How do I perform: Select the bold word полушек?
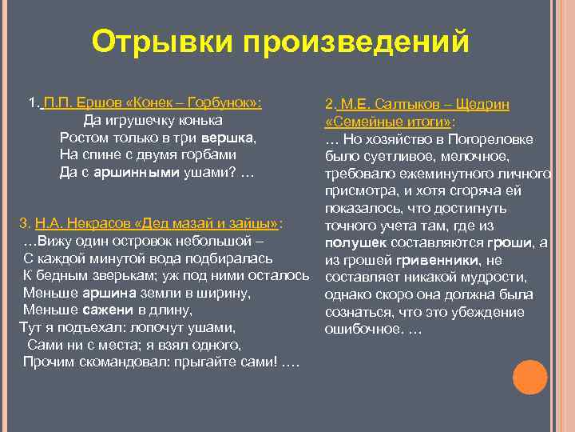click(x=356, y=242)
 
